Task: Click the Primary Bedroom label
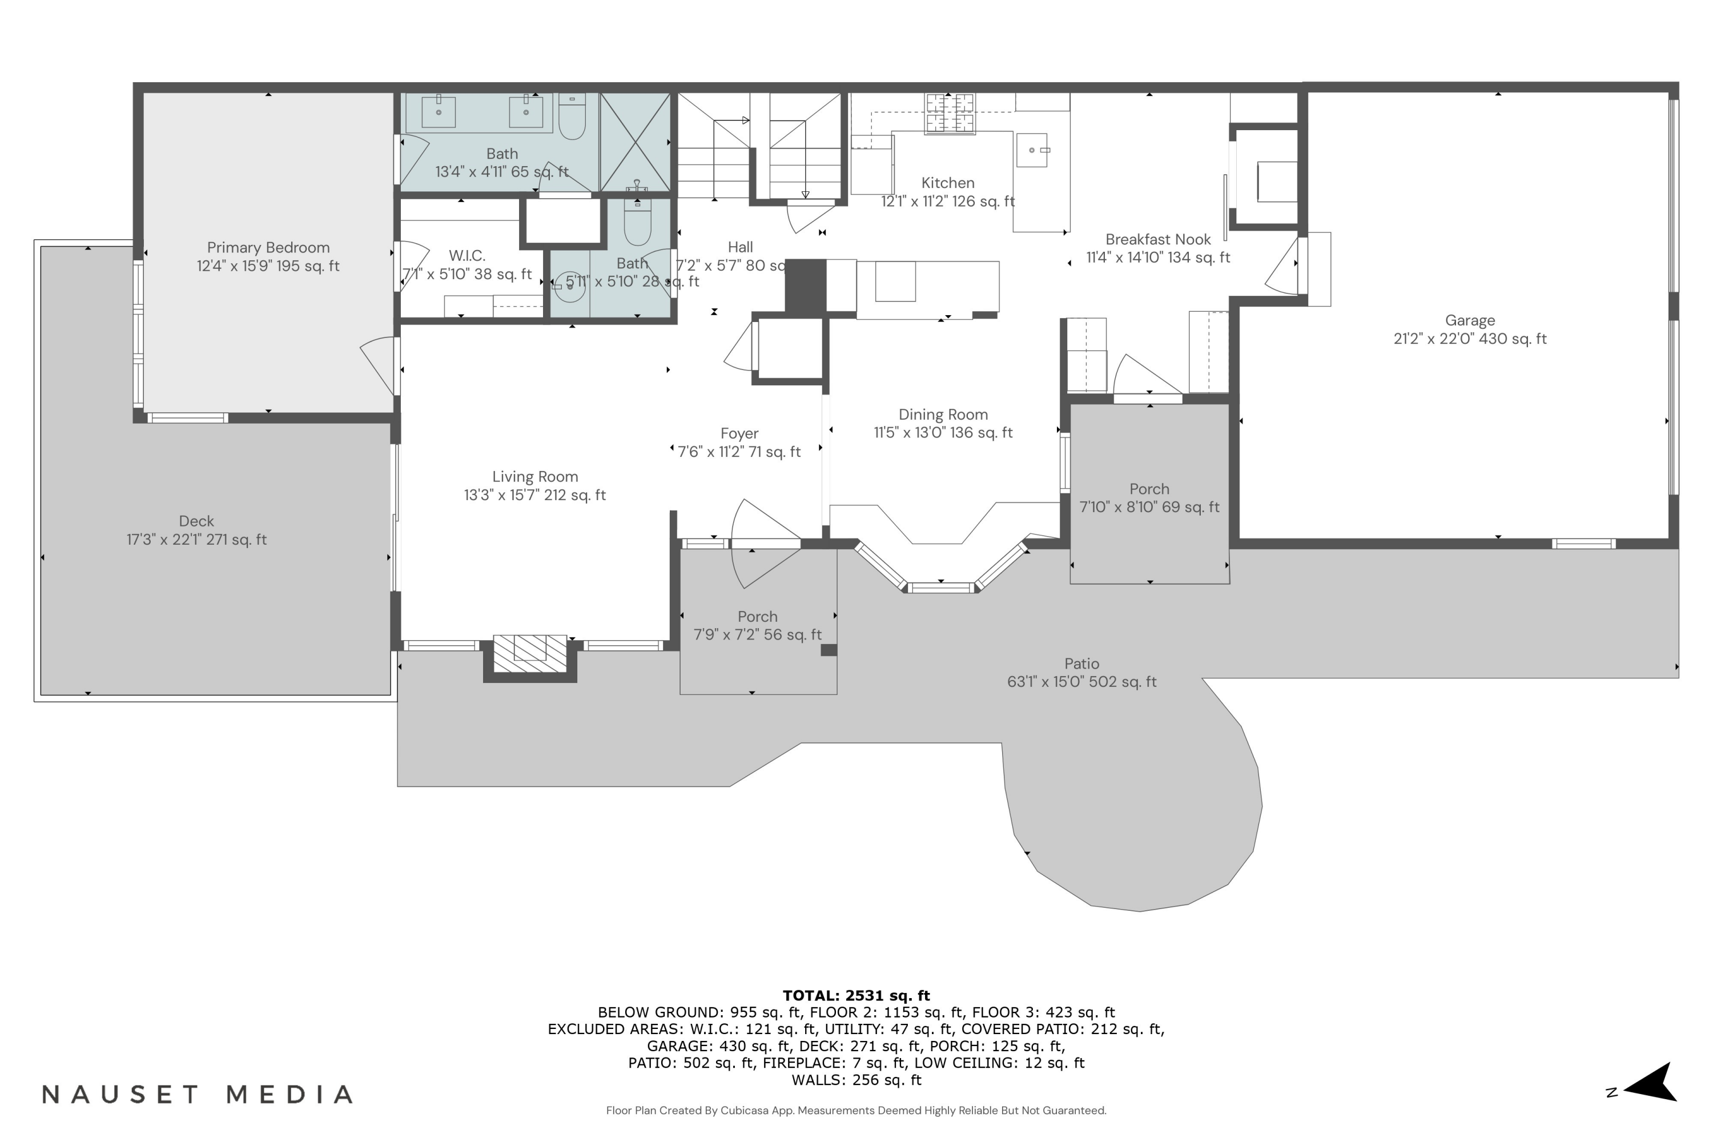pos(268,248)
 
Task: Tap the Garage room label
pos(1469,320)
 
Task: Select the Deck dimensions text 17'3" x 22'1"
pos(196,540)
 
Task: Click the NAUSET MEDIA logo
pos(196,1094)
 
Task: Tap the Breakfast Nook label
pos(1157,240)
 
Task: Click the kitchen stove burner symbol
pos(949,114)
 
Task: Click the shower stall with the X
pos(635,142)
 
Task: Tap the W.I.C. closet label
pos(467,256)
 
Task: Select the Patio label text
pos(1081,664)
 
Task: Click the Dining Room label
pos(943,415)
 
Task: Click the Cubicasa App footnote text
pos(856,1110)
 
